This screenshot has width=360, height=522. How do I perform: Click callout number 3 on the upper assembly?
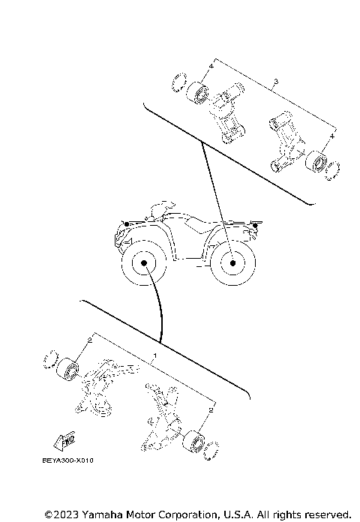[x=277, y=81]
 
